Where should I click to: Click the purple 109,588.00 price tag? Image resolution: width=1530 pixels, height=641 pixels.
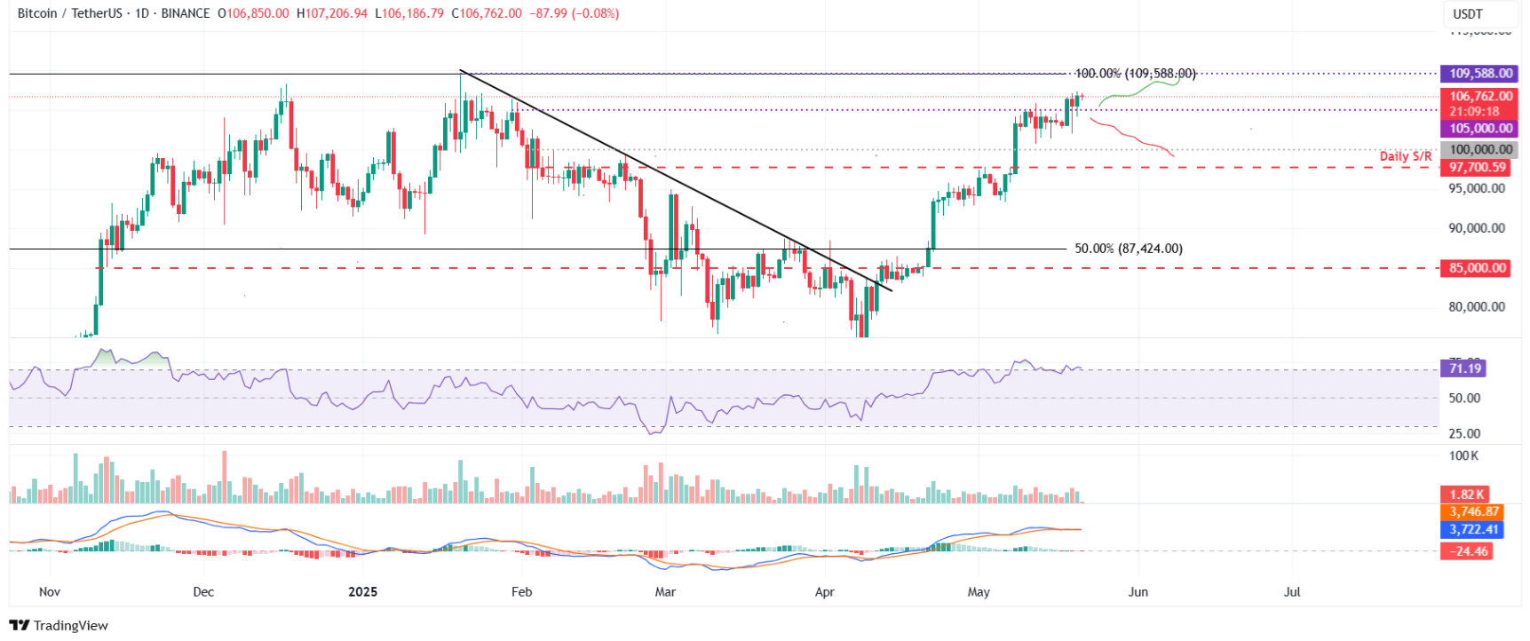click(1479, 75)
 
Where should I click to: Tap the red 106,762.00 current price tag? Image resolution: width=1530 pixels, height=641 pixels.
click(1479, 97)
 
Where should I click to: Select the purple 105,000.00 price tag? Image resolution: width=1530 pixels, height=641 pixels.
click(1479, 129)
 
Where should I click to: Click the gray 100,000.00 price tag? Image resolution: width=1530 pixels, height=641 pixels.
click(1479, 150)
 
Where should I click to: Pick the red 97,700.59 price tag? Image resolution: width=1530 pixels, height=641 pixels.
click(1477, 167)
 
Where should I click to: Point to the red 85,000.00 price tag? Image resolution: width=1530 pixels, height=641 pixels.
click(1477, 268)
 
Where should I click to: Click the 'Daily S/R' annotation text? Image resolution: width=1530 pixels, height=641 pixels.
click(1405, 156)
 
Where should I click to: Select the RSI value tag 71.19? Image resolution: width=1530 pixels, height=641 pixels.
click(1464, 368)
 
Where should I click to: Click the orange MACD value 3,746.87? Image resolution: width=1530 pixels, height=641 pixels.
click(1473, 512)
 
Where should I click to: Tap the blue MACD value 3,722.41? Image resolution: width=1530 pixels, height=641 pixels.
click(1473, 530)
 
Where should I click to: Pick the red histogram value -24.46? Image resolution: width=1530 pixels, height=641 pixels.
click(1468, 551)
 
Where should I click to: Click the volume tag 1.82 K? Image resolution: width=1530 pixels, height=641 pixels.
click(1466, 495)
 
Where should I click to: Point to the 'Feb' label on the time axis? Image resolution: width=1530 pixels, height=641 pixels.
click(521, 592)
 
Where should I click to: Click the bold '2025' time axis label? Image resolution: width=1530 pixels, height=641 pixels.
click(362, 592)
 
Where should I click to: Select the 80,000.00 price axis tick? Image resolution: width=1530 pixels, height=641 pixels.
click(1477, 307)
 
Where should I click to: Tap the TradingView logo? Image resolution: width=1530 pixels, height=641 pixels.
click(59, 625)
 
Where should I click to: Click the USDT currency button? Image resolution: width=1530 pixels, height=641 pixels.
click(1478, 14)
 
